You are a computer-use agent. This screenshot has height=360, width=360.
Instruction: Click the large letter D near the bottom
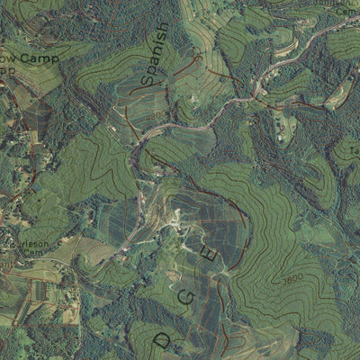pos(163,340)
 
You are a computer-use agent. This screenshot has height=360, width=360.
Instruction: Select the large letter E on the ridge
pos(213,256)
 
